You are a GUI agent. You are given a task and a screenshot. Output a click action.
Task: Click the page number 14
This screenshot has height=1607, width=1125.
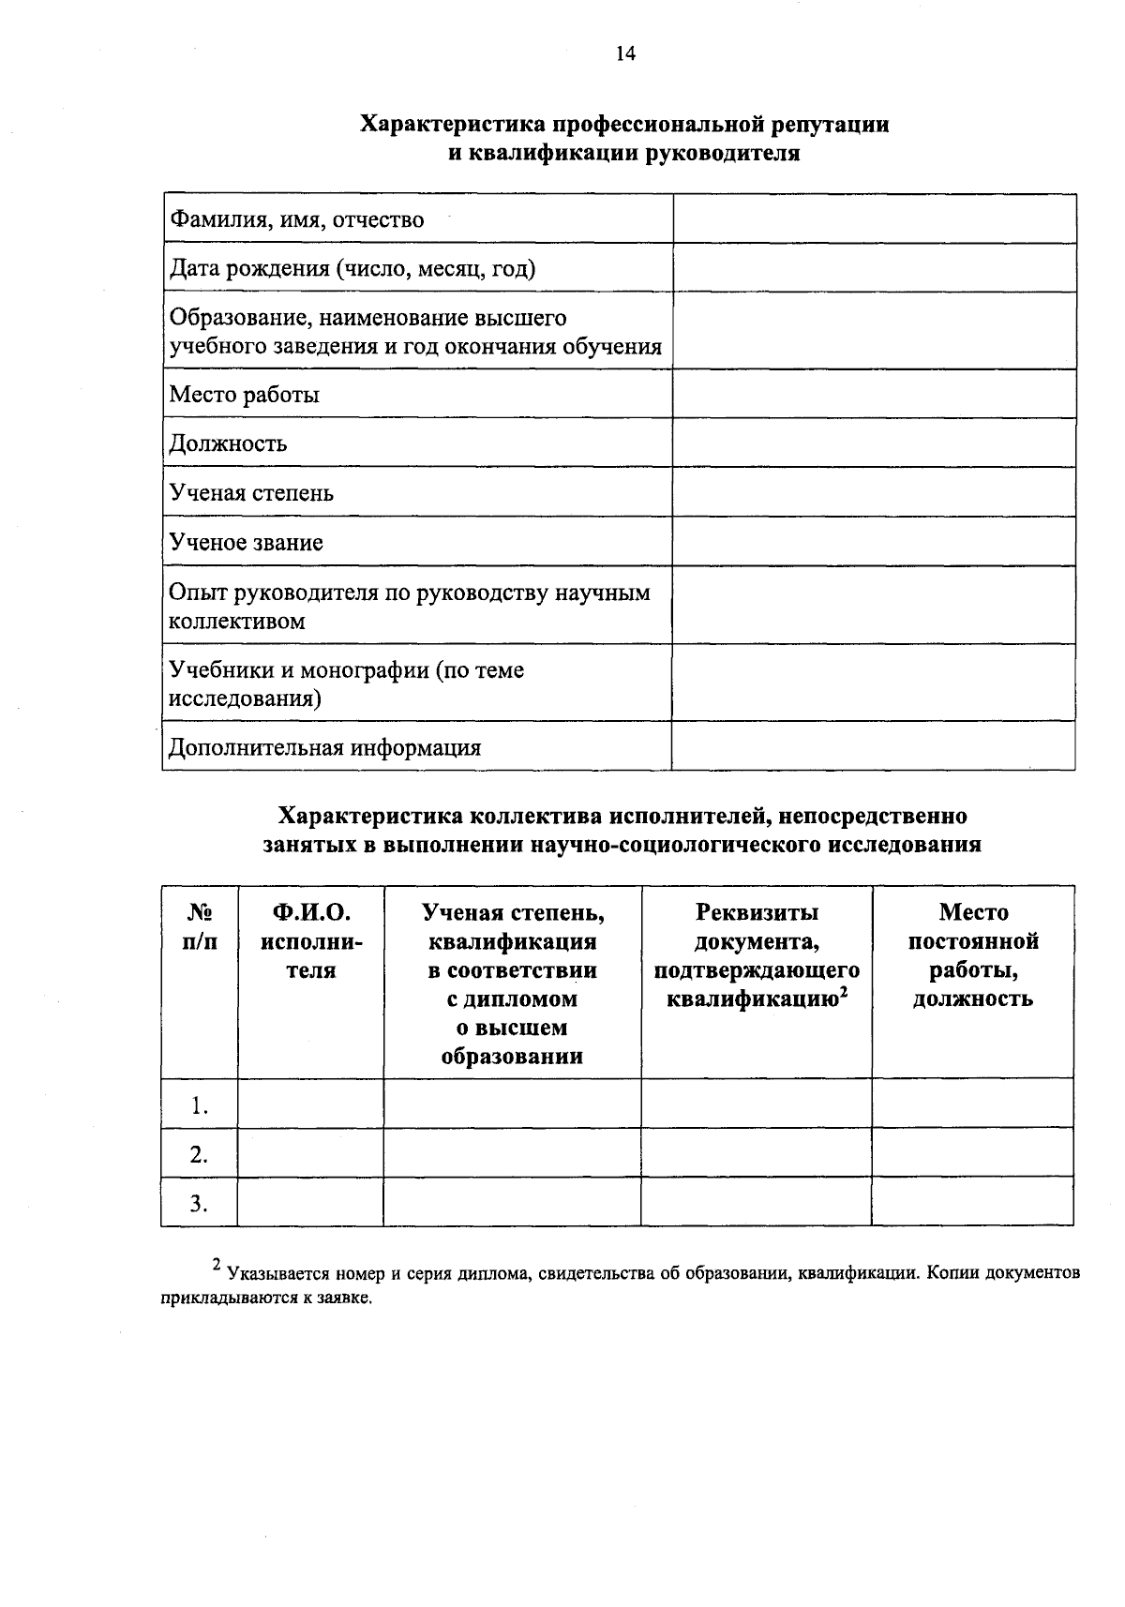click(x=625, y=54)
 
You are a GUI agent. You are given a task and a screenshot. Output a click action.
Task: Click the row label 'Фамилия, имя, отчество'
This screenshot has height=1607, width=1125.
click(x=296, y=220)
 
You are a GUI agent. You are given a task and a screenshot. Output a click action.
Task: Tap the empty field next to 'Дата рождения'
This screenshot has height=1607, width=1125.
click(x=874, y=268)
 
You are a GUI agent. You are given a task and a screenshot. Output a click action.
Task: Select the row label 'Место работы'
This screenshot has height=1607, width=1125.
click(x=244, y=395)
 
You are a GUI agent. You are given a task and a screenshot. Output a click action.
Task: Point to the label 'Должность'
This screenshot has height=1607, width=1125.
click(x=228, y=443)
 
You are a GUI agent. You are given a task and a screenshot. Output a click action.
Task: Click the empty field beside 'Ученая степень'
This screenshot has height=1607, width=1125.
click(x=874, y=492)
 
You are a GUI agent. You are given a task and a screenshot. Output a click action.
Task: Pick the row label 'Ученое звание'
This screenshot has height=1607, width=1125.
click(x=246, y=543)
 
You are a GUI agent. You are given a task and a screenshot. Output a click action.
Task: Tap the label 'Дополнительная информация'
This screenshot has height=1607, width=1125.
click(x=324, y=748)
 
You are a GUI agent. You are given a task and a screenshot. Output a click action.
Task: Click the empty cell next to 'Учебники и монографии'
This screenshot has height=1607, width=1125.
click(x=874, y=683)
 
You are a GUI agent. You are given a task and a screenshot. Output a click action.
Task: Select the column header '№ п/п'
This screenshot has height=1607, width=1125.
click(x=199, y=926)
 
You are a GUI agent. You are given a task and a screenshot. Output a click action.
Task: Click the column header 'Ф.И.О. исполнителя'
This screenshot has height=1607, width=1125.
click(x=310, y=941)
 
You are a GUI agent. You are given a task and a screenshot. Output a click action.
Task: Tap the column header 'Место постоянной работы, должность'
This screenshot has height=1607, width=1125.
click(x=973, y=954)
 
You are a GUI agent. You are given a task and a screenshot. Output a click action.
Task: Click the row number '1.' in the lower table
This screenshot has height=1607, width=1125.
click(x=199, y=1105)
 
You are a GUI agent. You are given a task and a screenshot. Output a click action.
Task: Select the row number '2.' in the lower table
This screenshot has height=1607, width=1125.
click(x=199, y=1154)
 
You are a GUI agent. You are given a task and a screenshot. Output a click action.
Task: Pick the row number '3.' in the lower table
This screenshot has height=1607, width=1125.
click(x=199, y=1203)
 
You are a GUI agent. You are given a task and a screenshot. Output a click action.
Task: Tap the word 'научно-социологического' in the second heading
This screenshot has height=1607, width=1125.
click(x=676, y=845)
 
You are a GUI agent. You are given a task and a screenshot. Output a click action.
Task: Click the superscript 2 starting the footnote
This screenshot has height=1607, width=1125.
click(x=217, y=1266)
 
